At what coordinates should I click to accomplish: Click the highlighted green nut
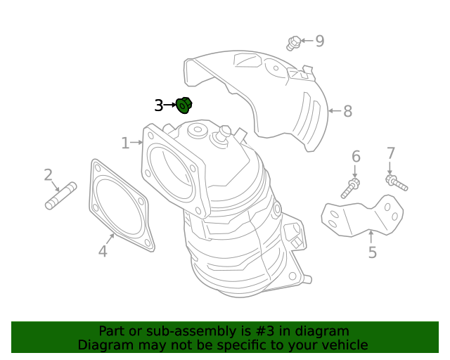click(184, 105)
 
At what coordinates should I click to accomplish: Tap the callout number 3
click(159, 105)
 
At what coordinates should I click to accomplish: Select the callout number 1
click(125, 143)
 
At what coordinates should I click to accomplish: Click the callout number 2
click(48, 174)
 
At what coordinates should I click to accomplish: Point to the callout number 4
click(103, 251)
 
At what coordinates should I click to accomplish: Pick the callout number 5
click(372, 252)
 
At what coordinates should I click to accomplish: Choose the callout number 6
click(356, 156)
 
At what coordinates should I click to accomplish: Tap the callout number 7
click(391, 153)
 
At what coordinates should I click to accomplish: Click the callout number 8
click(347, 111)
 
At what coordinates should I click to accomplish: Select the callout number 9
click(320, 41)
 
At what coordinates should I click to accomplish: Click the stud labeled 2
click(60, 196)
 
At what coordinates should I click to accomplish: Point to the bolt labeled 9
click(294, 43)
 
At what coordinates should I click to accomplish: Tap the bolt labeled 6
click(351, 188)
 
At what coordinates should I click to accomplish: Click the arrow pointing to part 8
click(334, 110)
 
